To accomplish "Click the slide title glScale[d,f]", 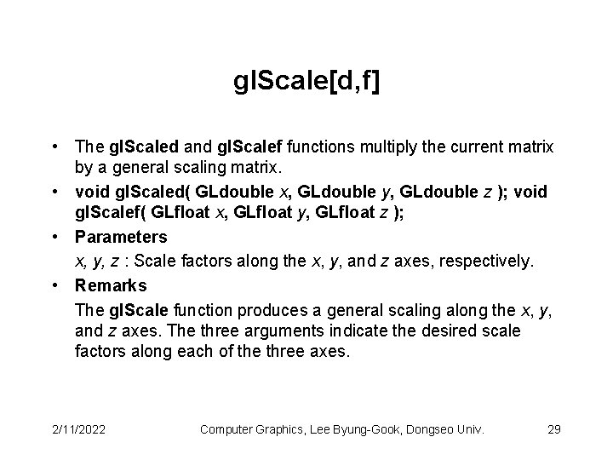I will pos(306,83).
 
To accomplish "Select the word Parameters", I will pos(121,237).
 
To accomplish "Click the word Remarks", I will pos(111,285).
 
